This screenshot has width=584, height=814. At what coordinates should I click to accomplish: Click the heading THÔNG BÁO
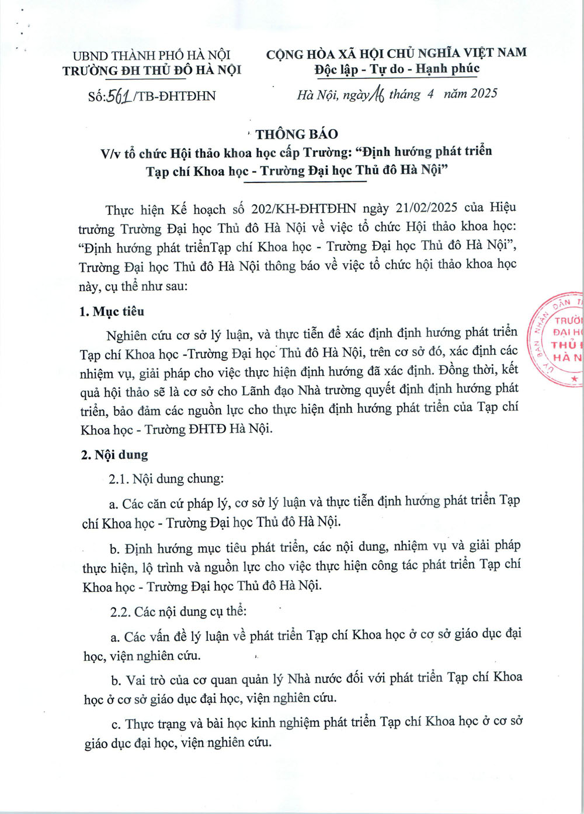click(x=297, y=134)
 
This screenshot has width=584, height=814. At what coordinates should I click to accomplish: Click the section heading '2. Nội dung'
click(x=115, y=455)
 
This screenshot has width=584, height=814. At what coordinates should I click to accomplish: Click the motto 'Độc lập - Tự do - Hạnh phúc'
click(x=397, y=69)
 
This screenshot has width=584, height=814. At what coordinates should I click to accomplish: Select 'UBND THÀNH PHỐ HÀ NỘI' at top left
click(x=152, y=56)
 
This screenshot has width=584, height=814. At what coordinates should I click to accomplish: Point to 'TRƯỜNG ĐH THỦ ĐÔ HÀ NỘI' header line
click(x=152, y=71)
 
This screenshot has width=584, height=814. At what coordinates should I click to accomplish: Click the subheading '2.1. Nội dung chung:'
click(x=166, y=479)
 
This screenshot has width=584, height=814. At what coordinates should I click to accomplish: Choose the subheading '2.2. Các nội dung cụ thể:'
click(x=179, y=612)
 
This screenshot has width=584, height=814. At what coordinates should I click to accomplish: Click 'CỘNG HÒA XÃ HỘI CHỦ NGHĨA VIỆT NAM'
click(x=397, y=53)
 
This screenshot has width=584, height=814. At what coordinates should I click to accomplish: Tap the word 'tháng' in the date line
click(x=404, y=94)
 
